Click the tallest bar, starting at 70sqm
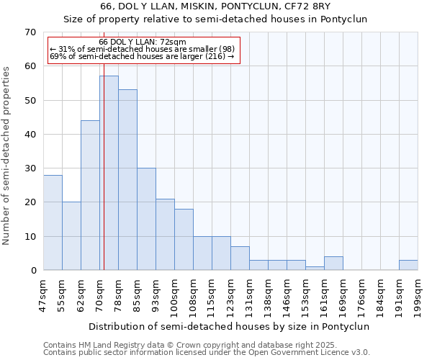click(x=109, y=173)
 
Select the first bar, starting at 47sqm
click(x=53, y=222)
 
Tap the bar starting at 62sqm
click(x=90, y=195)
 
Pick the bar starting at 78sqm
click(x=127, y=180)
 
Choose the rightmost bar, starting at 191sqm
click(x=408, y=265)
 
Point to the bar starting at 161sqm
click(x=333, y=264)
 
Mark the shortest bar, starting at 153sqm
click(x=315, y=268)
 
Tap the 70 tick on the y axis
click(x=30, y=32)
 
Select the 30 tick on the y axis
click(x=30, y=168)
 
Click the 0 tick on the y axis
click(x=33, y=271)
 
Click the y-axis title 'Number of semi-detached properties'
click(x=7, y=156)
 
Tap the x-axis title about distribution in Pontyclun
click(x=230, y=326)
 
